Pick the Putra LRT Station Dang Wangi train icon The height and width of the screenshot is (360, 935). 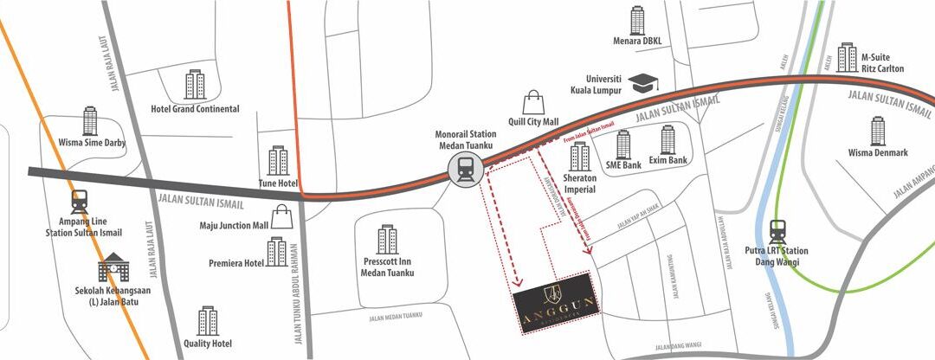point(777,232)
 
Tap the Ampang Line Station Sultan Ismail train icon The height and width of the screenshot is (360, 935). point(81,202)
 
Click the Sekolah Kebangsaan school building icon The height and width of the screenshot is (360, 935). point(113,268)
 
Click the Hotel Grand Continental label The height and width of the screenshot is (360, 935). point(196,109)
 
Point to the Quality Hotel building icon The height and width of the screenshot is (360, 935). point(208,321)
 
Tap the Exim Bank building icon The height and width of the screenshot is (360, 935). point(667,140)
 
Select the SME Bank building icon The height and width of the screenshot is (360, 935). point(624,145)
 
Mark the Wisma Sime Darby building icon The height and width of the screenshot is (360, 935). point(90,121)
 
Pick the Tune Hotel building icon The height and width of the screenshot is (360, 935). point(278,161)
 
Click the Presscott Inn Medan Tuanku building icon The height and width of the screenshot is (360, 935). point(387,240)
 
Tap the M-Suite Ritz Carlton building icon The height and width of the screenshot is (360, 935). point(846,57)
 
